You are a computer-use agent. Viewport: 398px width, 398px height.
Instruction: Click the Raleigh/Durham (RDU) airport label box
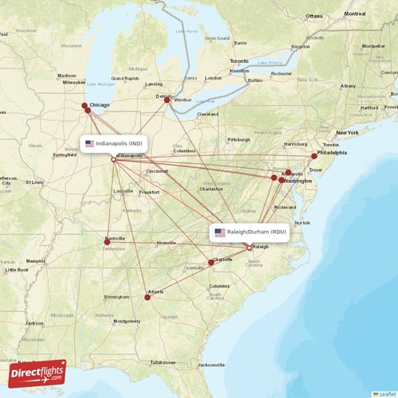tap(249, 232)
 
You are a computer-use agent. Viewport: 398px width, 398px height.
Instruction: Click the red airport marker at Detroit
tap(166, 99)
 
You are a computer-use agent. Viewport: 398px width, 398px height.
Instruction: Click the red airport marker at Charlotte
tap(211, 262)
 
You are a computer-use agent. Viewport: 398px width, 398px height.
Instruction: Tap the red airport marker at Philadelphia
tap(314, 156)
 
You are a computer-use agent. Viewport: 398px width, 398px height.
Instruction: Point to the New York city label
tap(347, 132)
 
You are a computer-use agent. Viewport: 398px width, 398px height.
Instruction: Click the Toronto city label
tap(239, 61)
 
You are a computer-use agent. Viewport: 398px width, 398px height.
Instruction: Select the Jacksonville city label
tap(212, 365)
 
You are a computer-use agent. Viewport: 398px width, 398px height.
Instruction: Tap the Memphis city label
tap(36, 261)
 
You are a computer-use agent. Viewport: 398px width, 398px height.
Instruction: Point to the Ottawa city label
tap(314, 16)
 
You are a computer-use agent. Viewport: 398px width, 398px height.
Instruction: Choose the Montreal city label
tap(355, 14)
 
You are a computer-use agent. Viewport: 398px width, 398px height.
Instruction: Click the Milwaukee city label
tap(73, 82)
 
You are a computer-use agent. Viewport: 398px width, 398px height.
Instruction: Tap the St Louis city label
tap(34, 182)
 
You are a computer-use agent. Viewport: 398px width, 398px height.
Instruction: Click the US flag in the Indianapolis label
tap(90, 143)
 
